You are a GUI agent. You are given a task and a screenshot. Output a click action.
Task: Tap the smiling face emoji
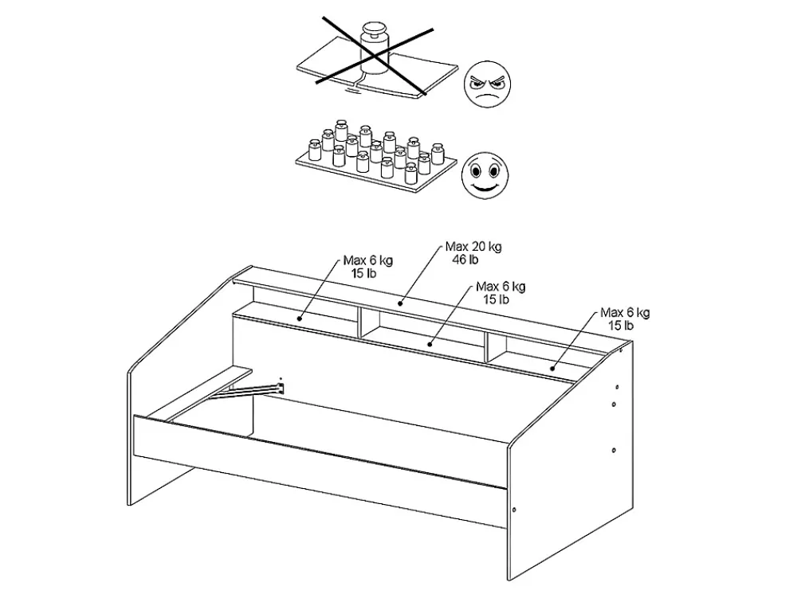[485, 176]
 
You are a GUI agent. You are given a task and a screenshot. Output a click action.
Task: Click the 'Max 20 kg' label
[473, 247]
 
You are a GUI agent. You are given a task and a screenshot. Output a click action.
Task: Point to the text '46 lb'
[465, 260]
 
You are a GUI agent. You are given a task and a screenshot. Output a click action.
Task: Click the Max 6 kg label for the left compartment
[368, 261]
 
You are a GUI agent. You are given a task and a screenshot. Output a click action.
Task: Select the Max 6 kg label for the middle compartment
[501, 287]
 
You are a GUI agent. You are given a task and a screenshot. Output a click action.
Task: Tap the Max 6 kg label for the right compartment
[625, 313]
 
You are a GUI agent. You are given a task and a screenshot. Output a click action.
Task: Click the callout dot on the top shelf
[401, 303]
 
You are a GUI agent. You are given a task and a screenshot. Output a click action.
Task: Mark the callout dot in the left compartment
[300, 319]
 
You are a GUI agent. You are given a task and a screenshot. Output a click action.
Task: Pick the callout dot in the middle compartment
[430, 344]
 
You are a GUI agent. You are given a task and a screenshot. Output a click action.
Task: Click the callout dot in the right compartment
[552, 369]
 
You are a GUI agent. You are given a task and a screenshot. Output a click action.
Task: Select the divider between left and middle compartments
[359, 322]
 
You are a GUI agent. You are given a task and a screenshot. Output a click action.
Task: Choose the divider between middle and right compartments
[487, 348]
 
